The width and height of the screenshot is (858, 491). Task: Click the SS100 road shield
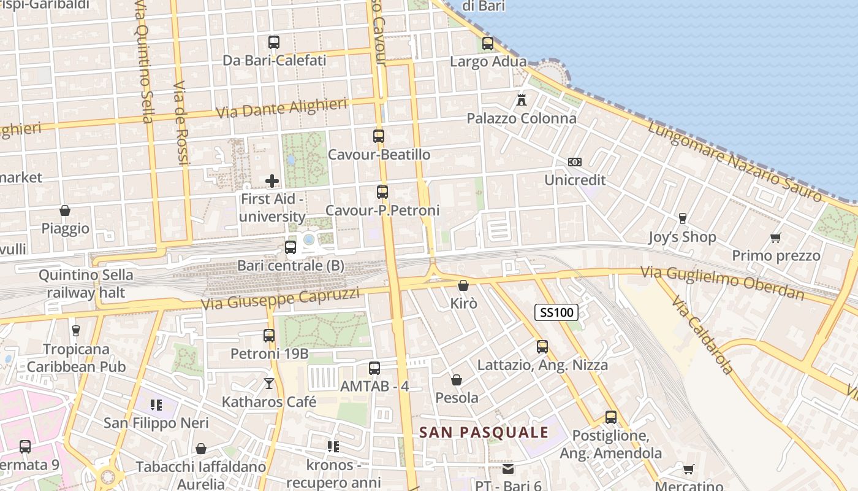556,312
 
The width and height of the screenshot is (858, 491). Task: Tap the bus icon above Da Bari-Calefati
274,42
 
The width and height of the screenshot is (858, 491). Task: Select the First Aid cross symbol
272,181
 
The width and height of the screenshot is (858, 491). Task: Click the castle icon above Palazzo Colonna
522,99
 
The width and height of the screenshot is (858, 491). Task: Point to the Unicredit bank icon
575,162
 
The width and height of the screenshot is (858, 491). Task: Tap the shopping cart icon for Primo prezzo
776,238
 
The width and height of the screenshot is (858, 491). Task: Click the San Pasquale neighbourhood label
484,432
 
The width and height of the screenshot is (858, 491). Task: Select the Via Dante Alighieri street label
282,109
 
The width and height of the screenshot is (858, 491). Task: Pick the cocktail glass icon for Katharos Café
269,384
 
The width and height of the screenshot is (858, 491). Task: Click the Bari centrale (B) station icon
290,247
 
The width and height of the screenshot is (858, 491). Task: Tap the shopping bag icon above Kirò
463,285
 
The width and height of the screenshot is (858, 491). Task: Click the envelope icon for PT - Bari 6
508,470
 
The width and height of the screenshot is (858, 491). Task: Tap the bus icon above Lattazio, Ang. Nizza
542,347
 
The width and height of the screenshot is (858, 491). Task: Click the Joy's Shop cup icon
682,218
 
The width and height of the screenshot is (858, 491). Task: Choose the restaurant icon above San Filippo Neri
156,405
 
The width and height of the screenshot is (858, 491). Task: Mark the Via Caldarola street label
702,336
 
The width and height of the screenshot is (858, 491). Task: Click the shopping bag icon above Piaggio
65,211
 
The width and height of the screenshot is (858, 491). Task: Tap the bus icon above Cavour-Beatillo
379,136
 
